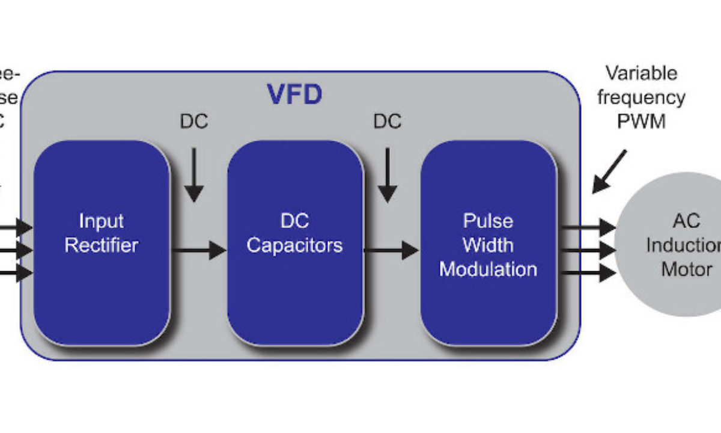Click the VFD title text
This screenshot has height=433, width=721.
(x=294, y=95)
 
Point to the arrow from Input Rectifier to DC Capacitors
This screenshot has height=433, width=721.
(x=198, y=248)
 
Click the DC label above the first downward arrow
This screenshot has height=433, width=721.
(x=193, y=121)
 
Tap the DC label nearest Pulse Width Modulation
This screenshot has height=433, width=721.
(x=388, y=121)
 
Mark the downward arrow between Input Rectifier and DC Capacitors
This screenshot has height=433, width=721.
(x=193, y=174)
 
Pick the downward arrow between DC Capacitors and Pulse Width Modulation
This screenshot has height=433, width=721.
(x=388, y=174)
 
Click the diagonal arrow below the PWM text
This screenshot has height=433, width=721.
(x=609, y=172)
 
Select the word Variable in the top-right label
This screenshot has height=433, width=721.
(x=641, y=73)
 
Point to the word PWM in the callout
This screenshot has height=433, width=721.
(x=641, y=121)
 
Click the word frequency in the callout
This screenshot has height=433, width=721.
(x=641, y=97)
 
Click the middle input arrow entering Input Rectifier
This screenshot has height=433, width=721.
(x=16, y=250)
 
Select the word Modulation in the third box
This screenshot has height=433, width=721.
(x=488, y=269)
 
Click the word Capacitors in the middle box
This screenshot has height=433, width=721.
(x=294, y=245)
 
